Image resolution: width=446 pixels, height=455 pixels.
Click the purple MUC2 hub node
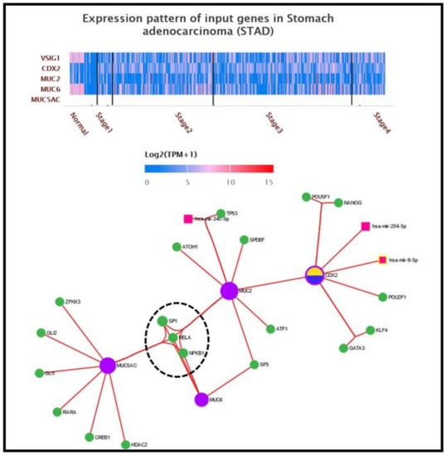tap(230, 290)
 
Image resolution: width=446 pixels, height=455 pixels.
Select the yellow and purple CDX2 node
tap(314, 275)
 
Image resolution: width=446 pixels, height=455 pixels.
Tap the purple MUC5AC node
tap(107, 365)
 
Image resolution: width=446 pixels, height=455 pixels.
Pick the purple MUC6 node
tap(201, 400)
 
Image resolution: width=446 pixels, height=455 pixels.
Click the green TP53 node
tap(220, 213)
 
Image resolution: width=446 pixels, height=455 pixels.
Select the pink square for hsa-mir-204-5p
tap(366, 226)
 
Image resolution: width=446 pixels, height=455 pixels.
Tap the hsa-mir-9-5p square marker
tap(382, 261)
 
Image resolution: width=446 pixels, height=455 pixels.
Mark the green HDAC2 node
tap(124, 444)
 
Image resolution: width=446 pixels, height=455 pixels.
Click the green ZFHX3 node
tap(59, 301)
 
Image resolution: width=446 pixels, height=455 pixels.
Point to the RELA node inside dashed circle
tap(173, 338)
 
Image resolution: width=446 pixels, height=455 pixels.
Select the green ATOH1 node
tap(177, 247)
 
